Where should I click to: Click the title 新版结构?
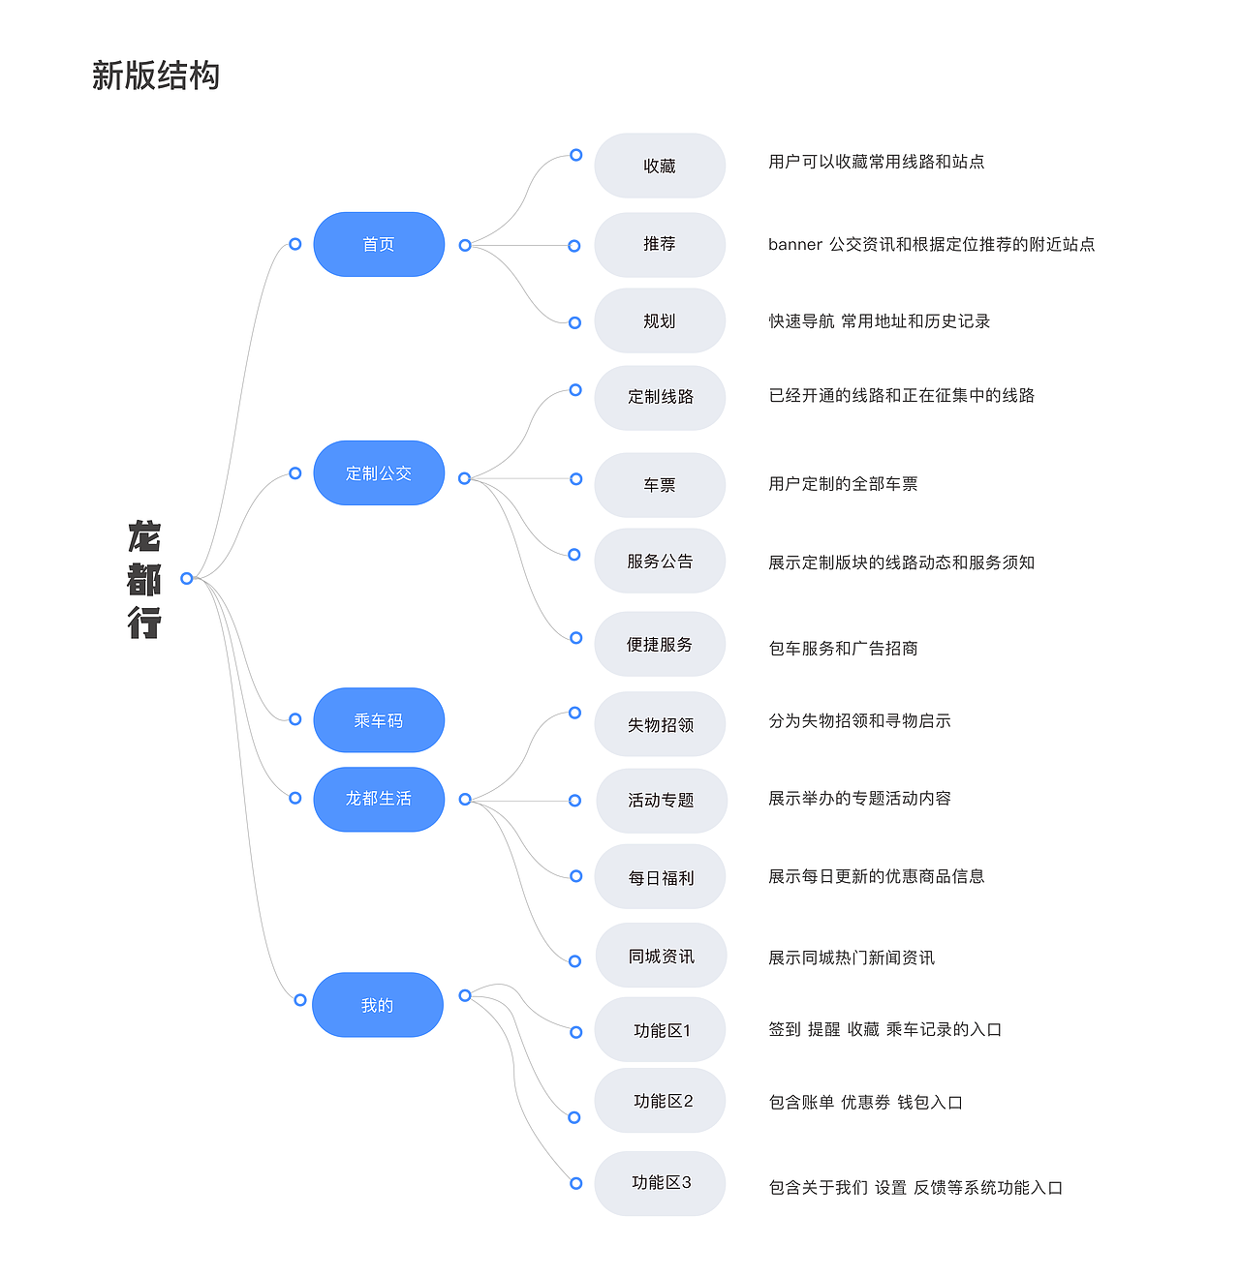[x=156, y=76]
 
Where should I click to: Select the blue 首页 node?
[x=379, y=244]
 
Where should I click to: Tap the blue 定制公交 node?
[x=379, y=473]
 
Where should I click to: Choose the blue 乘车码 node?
[x=379, y=720]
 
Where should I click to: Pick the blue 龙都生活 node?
[x=379, y=799]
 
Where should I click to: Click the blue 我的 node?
[x=378, y=1005]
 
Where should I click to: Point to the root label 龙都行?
[x=144, y=579]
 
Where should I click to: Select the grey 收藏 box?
[x=660, y=166]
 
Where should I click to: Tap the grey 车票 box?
[x=660, y=485]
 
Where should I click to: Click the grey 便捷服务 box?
[x=660, y=644]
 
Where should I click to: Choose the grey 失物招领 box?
[x=660, y=724]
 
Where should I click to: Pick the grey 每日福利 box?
[x=660, y=877]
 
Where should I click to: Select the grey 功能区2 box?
[x=660, y=1101]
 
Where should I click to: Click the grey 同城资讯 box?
[x=660, y=957]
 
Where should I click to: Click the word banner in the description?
[x=795, y=245]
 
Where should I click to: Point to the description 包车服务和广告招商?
[x=843, y=649]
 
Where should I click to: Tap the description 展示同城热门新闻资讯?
[x=852, y=958]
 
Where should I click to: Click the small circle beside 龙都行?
[x=187, y=578]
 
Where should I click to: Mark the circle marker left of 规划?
[x=574, y=322]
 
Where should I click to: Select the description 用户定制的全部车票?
[x=843, y=484]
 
